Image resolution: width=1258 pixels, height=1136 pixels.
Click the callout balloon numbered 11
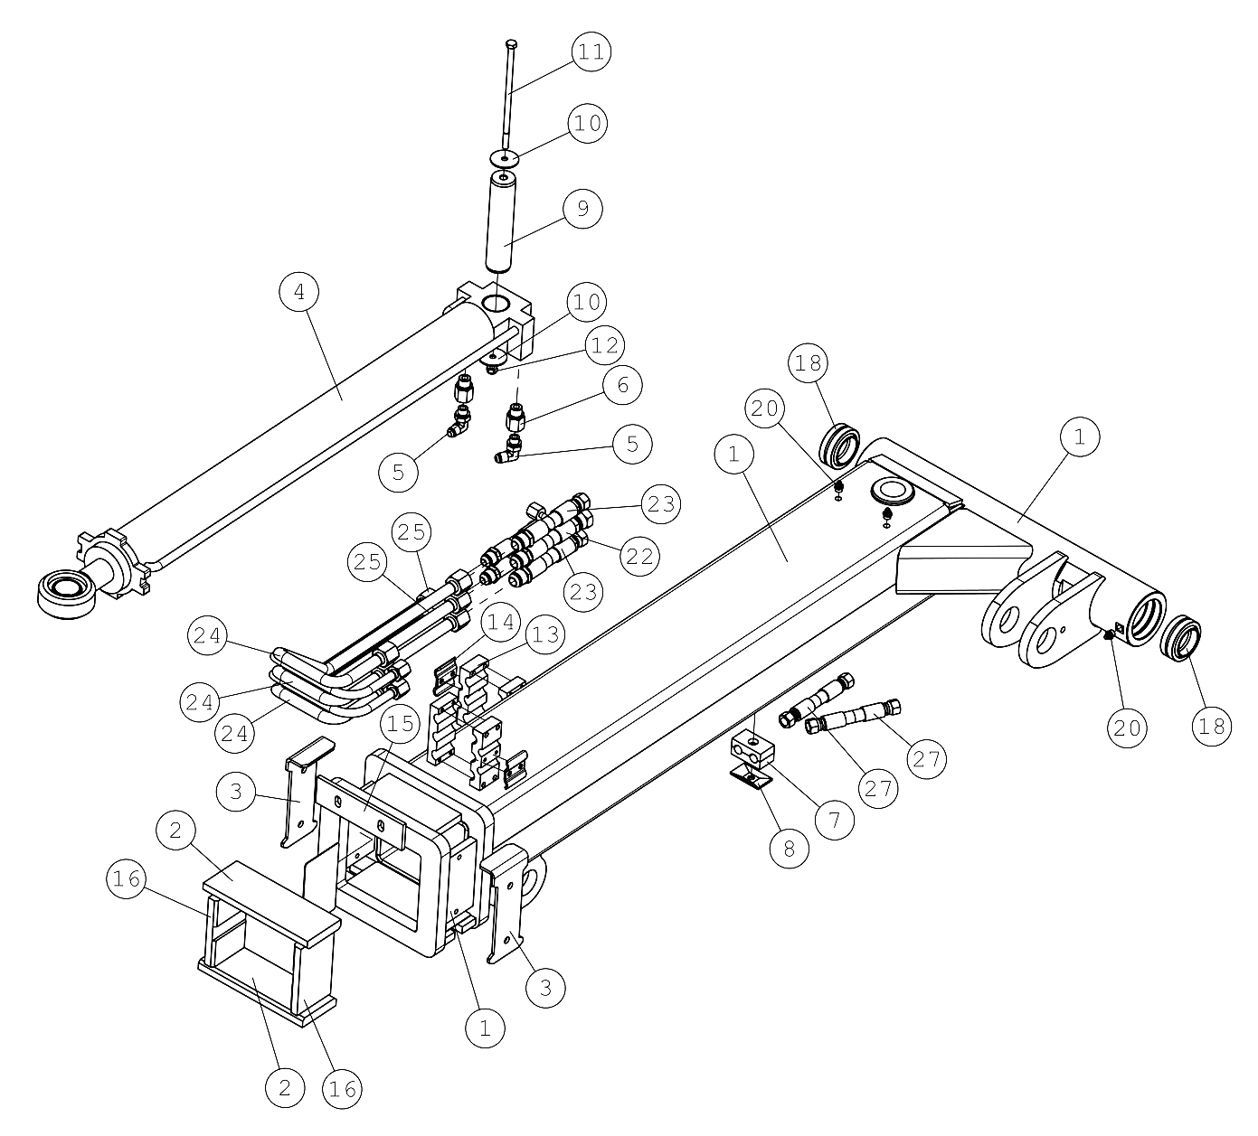tap(591, 52)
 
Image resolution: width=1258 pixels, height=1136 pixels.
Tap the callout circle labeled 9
tap(582, 208)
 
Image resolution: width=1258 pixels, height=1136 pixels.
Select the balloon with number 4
tap(299, 292)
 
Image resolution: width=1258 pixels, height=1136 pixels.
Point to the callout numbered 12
tap(604, 345)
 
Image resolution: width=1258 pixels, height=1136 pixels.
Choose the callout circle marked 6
tap(622, 384)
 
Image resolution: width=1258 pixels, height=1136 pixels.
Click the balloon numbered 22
tap(639, 556)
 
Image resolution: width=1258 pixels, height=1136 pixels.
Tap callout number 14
tap(500, 623)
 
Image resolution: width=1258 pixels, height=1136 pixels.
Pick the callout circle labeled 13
tap(545, 634)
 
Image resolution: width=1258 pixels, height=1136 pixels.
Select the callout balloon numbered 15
tap(400, 723)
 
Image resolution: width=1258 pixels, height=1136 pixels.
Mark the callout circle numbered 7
tap(834, 819)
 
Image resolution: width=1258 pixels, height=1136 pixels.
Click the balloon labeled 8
tap(789, 849)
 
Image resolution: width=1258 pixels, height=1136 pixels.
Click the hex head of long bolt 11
tap(511, 44)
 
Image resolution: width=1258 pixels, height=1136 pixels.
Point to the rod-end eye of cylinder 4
tap(66, 593)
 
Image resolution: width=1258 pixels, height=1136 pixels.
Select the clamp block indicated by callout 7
tap(752, 750)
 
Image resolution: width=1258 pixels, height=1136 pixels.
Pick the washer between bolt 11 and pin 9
tap(505, 158)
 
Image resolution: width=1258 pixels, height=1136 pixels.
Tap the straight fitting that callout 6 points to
tap(515, 417)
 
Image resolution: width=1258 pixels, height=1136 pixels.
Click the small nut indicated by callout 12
tap(492, 369)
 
